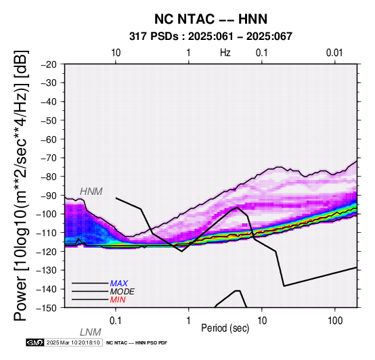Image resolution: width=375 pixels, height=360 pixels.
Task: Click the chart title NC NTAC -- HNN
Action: (211, 19)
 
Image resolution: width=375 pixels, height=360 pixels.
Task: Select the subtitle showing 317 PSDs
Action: (211, 37)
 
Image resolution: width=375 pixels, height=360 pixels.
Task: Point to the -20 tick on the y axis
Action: (49, 64)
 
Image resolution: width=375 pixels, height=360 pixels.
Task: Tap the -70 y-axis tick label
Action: (49, 158)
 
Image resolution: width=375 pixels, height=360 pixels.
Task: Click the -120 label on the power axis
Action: (47, 252)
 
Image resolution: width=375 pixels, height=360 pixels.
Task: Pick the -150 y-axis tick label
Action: (47, 308)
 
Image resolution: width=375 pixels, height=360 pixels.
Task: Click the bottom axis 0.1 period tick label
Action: (116, 321)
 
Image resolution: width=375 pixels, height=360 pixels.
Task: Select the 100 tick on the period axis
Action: (335, 321)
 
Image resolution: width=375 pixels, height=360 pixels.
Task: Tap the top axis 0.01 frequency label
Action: (334, 53)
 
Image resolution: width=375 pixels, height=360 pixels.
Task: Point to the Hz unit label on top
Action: (225, 53)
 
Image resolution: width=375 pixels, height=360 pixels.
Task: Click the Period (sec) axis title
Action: (225, 328)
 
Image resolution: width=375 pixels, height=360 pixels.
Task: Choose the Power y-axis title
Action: (21, 185)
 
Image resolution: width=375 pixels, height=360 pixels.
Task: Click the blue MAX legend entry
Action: (119, 284)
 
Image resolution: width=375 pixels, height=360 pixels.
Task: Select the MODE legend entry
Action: (123, 292)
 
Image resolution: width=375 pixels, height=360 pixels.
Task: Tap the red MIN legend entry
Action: (118, 300)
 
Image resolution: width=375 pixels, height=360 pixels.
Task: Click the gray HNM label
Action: (91, 192)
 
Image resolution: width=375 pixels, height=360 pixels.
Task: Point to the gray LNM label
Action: (91, 332)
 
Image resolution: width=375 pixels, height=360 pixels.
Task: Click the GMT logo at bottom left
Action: (35, 342)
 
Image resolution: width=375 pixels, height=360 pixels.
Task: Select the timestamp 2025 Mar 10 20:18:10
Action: (73, 342)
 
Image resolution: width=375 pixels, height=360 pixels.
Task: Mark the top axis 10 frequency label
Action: (116, 53)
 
